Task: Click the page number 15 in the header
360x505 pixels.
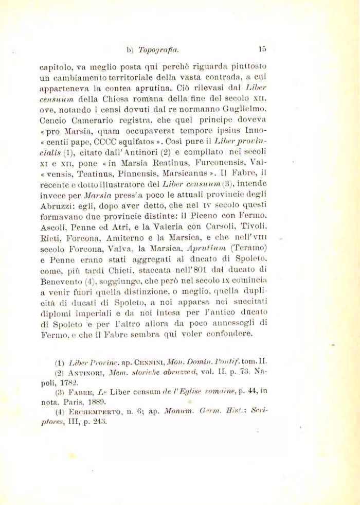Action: tap(262, 50)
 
